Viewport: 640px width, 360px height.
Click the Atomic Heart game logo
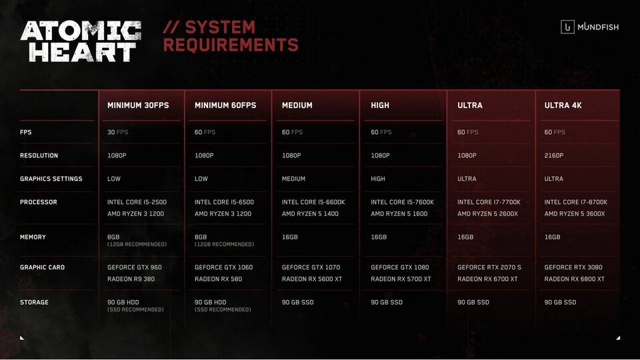81,41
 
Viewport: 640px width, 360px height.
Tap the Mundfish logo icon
567,27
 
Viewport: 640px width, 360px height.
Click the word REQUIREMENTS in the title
231,45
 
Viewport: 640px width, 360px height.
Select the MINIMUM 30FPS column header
138,105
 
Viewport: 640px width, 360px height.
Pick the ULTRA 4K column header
563,105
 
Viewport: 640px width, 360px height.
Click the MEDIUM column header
297,105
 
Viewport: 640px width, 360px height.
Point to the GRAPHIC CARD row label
43,267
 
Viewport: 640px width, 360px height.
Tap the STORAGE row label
34,303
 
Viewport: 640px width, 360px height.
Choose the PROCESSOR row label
39,202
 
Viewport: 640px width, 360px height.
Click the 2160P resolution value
554,155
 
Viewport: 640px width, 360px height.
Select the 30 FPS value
117,132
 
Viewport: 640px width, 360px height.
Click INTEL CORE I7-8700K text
576,202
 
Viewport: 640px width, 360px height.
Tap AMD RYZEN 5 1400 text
310,214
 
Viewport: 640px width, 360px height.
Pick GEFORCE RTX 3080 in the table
573,267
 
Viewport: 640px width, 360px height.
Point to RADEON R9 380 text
131,279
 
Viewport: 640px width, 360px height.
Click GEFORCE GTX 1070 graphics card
311,267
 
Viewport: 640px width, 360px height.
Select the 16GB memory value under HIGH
379,237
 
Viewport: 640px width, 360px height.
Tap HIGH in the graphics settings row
378,179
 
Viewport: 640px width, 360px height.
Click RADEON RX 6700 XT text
487,279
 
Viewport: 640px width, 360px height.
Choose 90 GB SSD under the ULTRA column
473,303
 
